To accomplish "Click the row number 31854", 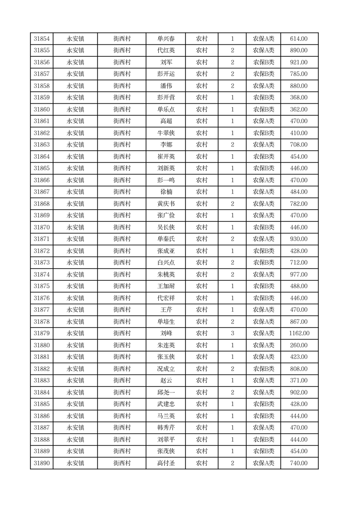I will coord(42,39).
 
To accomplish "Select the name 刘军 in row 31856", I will coord(166,62).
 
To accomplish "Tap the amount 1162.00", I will coord(299,333).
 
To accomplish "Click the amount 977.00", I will coord(299,274).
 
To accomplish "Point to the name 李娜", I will coord(166,145).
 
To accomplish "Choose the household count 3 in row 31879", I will coord(233,333).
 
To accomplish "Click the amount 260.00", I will coord(299,345).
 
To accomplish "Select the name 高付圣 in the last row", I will coord(166,463).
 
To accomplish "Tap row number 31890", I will coord(42,463).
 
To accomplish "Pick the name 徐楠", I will coord(166,192).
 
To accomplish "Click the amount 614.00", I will coord(299,39).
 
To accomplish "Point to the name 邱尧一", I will coord(166,392).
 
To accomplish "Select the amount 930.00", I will coord(299,239).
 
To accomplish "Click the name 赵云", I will coord(166,381).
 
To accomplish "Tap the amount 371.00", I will coord(299,381).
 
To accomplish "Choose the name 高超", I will coord(166,121).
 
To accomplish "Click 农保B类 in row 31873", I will coord(263,263).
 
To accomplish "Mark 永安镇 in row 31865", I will coord(75,168).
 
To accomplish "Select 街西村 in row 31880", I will coord(122,345).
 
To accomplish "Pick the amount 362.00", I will coord(299,109).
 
